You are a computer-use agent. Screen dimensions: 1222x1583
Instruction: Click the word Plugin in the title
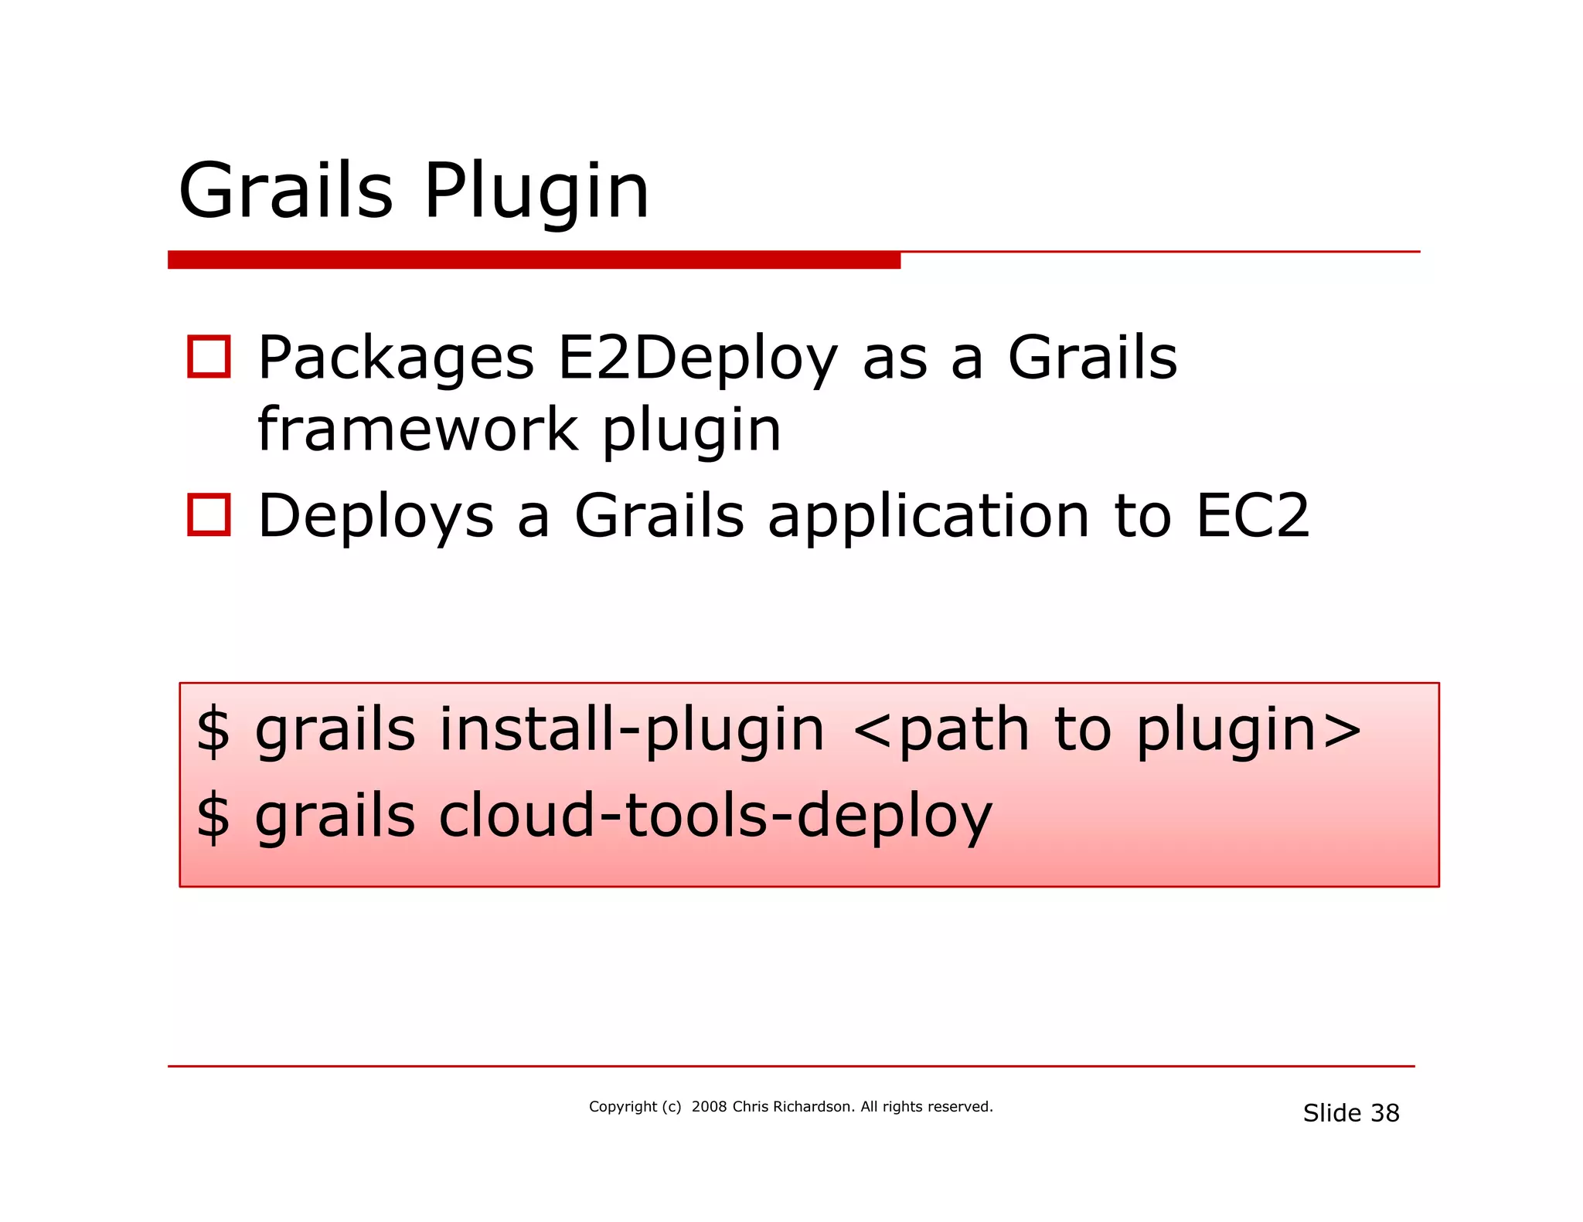click(x=536, y=193)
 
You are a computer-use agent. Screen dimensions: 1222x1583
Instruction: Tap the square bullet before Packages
click(x=209, y=357)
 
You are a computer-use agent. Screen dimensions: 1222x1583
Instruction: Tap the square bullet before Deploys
click(x=209, y=514)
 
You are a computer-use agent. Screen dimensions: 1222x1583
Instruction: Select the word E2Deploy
click(x=697, y=360)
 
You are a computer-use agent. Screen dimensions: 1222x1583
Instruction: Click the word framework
click(x=418, y=430)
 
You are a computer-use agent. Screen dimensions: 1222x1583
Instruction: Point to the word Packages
click(x=396, y=360)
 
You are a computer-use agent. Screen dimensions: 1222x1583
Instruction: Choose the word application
click(x=928, y=518)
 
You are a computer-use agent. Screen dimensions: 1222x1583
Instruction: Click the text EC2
click(x=1252, y=516)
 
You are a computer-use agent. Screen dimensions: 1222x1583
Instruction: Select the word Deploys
click(x=376, y=518)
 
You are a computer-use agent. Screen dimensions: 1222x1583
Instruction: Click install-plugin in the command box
click(x=631, y=731)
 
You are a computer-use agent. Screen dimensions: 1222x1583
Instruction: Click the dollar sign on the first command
click(x=213, y=730)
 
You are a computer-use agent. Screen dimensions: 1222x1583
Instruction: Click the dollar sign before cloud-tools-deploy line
click(x=213, y=816)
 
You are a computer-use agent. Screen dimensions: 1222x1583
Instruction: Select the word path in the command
click(x=964, y=732)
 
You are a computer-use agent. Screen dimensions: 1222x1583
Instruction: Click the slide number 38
click(x=1384, y=1113)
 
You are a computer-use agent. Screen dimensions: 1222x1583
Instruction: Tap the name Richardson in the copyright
click(x=814, y=1107)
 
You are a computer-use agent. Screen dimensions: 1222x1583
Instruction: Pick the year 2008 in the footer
click(x=709, y=1107)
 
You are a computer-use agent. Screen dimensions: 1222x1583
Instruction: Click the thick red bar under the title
click(x=533, y=260)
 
